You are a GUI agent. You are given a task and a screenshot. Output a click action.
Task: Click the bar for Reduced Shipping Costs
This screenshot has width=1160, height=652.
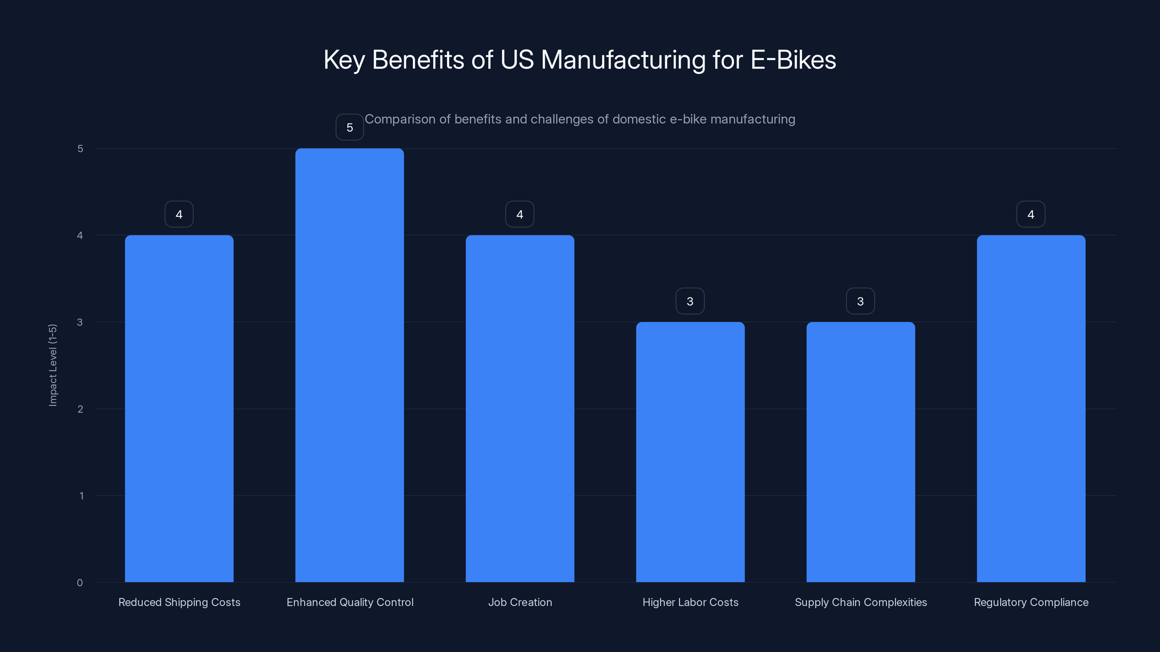(179, 409)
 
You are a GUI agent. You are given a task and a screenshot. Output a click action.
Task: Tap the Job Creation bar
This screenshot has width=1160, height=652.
(520, 409)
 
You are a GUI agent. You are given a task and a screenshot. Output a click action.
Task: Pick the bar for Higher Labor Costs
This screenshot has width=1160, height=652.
(690, 452)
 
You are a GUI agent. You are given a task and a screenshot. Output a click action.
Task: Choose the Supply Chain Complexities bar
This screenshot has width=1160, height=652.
(860, 452)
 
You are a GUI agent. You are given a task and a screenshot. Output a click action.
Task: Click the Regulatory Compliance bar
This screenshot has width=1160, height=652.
(1031, 409)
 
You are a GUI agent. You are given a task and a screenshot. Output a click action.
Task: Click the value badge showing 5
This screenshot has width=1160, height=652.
(349, 128)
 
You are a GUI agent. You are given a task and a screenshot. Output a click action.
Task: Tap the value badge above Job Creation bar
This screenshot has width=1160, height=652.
(520, 214)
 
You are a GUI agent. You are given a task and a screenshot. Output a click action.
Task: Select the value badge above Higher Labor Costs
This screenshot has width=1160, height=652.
(690, 301)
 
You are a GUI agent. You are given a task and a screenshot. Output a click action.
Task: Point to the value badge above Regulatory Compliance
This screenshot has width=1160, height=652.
(1031, 214)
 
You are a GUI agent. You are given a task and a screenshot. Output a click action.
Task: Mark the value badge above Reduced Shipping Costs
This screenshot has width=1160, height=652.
(179, 214)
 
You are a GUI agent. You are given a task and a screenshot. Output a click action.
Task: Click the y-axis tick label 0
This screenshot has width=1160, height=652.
(80, 583)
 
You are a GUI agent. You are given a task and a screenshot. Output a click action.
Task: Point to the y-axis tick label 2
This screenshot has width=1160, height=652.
(80, 409)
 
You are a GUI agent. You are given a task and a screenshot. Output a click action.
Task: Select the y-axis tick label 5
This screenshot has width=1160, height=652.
(80, 149)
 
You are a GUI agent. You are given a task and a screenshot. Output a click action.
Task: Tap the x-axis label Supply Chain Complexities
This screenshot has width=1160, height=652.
(861, 602)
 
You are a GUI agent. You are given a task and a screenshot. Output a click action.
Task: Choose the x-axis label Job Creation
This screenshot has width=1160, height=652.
(520, 602)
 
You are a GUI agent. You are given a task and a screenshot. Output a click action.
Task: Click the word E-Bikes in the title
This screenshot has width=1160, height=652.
(793, 60)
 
